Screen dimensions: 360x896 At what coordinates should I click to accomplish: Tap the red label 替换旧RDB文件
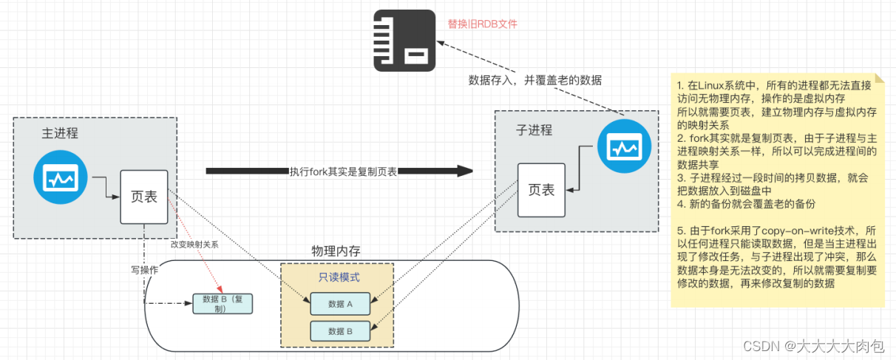482,24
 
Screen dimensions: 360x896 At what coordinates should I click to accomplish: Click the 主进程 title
60,134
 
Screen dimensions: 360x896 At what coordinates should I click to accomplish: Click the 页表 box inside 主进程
143,197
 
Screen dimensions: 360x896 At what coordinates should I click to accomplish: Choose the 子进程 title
534,130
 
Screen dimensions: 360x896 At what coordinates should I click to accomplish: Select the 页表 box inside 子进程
541,190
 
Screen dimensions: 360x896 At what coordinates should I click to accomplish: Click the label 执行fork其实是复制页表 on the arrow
343,171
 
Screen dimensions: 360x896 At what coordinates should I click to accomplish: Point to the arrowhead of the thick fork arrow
464,171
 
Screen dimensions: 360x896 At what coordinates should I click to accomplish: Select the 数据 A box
340,302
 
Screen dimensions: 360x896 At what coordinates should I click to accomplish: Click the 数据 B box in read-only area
340,330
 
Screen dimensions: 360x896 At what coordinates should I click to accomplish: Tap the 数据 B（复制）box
223,304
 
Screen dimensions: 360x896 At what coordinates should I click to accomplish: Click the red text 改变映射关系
194,244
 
